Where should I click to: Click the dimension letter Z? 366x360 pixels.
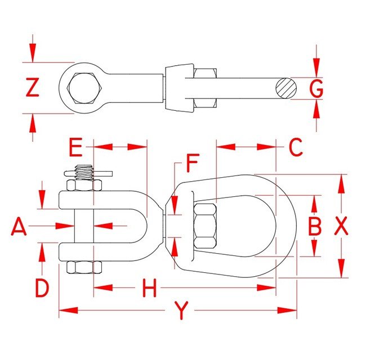(33, 88)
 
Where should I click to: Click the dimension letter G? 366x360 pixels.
(317, 88)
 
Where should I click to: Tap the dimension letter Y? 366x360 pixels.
(180, 310)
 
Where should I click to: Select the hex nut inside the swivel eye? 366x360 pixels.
(205, 226)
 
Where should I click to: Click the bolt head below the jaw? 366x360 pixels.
(83, 268)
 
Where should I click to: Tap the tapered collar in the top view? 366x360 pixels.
(179, 88)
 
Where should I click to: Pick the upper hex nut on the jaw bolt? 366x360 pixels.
(84, 186)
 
